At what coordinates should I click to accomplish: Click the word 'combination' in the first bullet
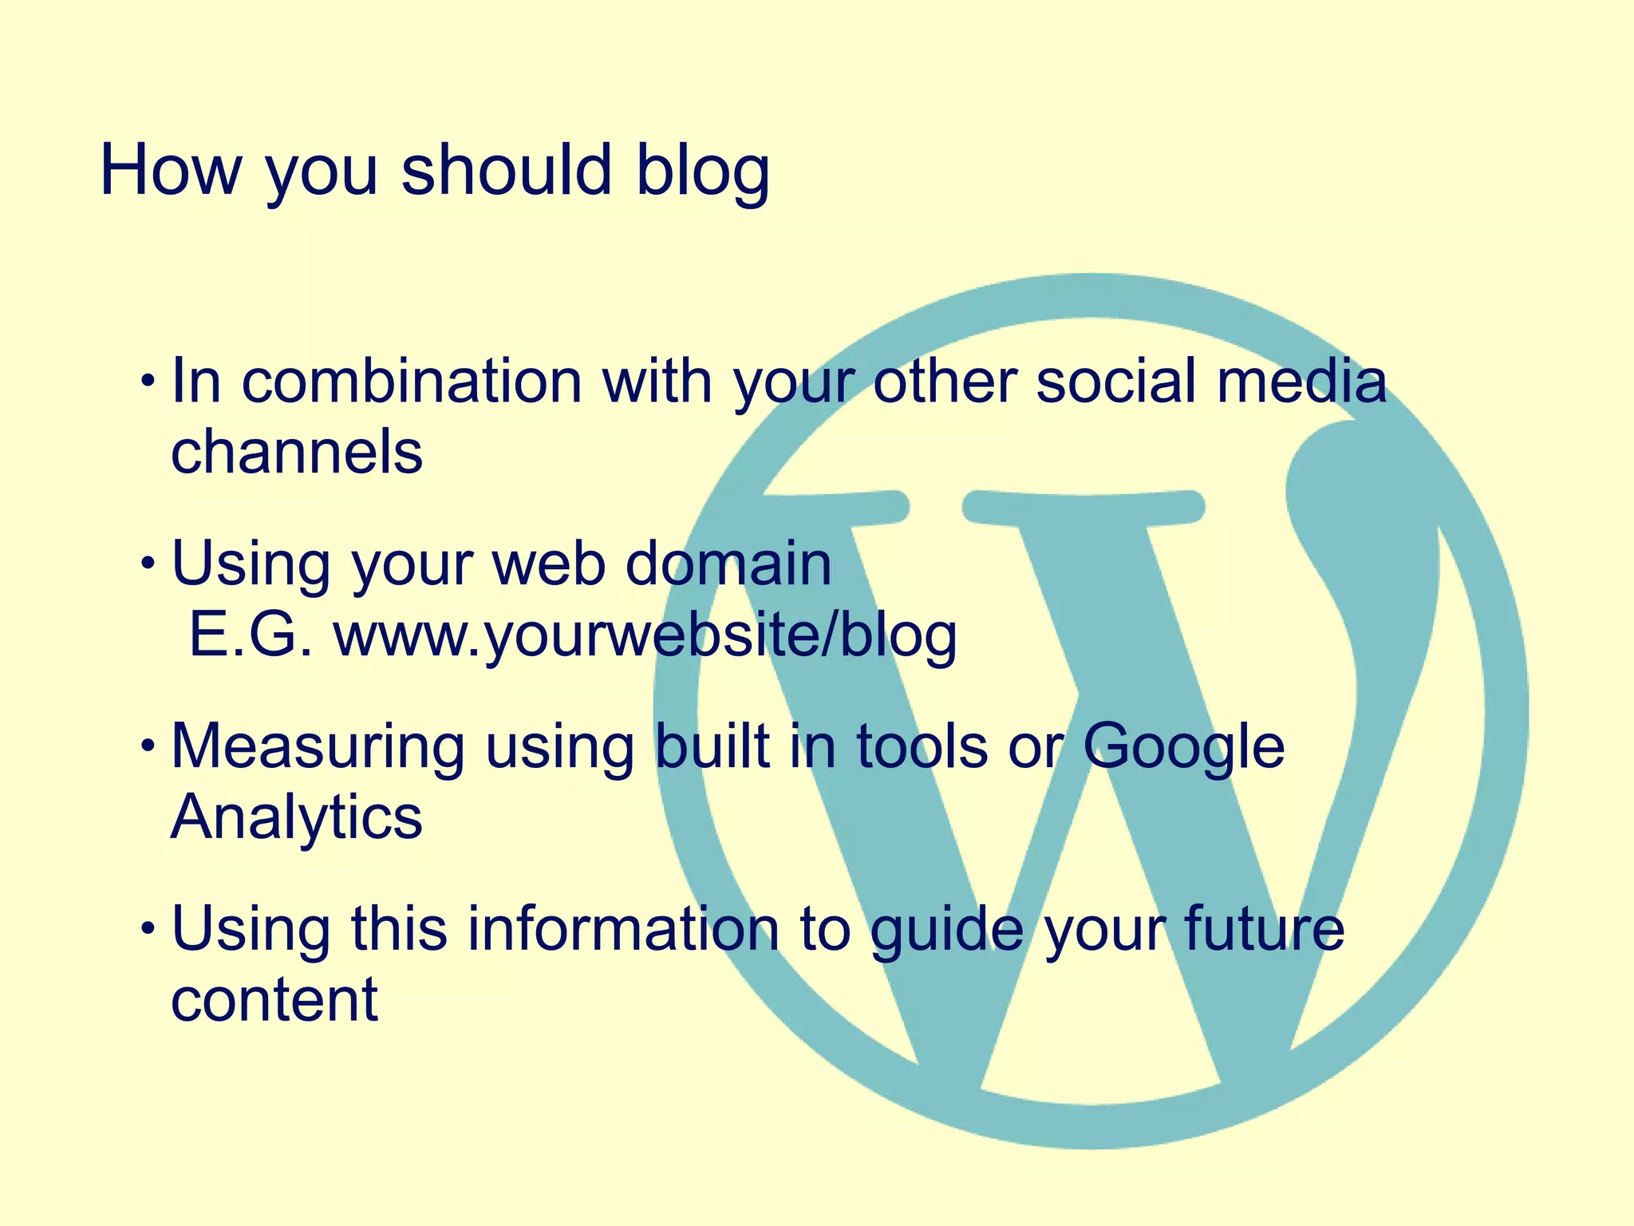[x=412, y=381]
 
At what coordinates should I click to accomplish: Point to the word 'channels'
[x=296, y=452]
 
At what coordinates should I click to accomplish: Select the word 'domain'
[x=728, y=564]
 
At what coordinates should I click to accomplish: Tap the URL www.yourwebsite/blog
[x=645, y=636]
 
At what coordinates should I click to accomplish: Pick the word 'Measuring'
[x=318, y=747]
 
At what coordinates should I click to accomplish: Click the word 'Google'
[x=1183, y=747]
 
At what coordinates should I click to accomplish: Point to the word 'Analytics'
[x=296, y=817]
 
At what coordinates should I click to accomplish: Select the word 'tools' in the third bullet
[x=922, y=747]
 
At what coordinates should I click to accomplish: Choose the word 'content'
[x=274, y=999]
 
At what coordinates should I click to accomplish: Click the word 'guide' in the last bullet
[x=946, y=929]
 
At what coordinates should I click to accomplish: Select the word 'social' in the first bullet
[x=1116, y=381]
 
